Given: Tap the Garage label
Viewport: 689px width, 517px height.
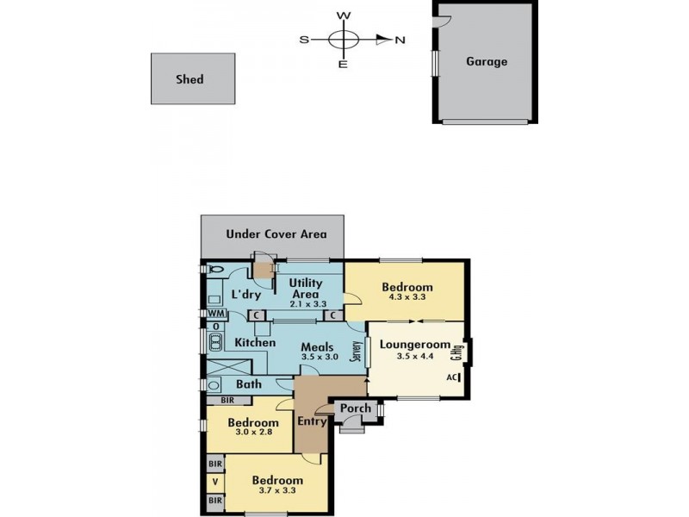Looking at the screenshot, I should pos(487,62).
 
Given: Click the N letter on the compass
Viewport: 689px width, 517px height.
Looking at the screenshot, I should pos(400,40).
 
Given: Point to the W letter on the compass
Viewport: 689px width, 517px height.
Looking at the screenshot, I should pos(343,16).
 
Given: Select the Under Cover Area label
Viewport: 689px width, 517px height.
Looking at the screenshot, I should pos(276,234).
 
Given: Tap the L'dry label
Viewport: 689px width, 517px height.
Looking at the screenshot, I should pos(245,295).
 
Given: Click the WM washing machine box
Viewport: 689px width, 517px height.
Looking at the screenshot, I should pos(215,313).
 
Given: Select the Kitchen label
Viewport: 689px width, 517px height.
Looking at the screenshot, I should pos(255,343).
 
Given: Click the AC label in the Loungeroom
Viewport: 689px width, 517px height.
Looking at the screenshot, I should pos(450,377).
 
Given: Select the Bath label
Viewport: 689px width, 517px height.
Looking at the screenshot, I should pos(248,384).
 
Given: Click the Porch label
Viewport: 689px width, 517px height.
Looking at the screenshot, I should pos(356,408).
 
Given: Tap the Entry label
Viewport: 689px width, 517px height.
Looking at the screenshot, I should pos(312,421).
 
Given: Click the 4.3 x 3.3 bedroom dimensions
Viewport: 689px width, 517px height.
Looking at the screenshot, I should pos(408,297).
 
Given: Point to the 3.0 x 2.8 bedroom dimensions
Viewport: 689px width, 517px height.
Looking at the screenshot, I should pos(253,434).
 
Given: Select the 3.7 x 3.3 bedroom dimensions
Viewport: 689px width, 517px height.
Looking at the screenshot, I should pos(277,491).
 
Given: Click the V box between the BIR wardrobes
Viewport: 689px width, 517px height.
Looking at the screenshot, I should pos(215,481).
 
